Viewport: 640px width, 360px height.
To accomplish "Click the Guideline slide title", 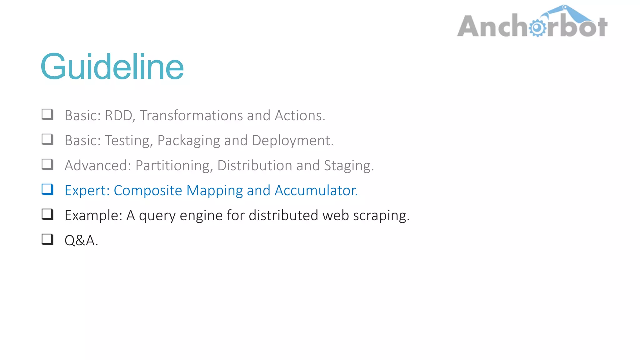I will click(x=112, y=67).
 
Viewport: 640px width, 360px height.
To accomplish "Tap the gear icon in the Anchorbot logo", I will click(x=537, y=28).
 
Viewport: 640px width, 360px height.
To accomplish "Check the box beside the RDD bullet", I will click(x=47, y=114).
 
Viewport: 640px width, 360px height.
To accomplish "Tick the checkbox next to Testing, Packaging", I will click(x=47, y=139).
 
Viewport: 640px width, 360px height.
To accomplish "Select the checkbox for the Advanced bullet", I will click(x=47, y=164).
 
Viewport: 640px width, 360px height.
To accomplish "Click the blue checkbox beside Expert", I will click(x=47, y=189).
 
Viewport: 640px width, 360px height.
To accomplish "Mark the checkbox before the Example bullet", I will click(x=47, y=214).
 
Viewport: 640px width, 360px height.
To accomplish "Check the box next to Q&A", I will click(x=47, y=239).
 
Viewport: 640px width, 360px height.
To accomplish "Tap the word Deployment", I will click(x=292, y=141).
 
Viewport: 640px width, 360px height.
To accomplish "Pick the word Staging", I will click(x=348, y=166).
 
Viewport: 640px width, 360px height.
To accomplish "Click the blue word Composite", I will click(x=148, y=191).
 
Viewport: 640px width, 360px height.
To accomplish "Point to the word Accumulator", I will click(x=316, y=191).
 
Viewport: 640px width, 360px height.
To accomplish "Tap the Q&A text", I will click(x=81, y=241).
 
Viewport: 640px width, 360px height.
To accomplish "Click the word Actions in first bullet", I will click(x=300, y=116).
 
